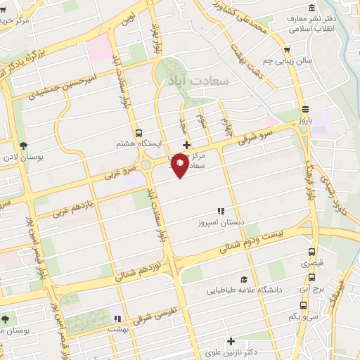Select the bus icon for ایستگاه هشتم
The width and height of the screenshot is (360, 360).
(139, 132)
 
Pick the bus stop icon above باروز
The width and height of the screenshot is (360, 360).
(304, 109)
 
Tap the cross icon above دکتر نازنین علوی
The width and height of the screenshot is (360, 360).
(230, 341)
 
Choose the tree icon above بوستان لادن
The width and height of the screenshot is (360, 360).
(25, 146)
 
